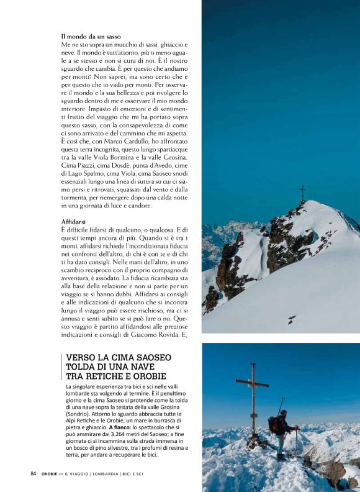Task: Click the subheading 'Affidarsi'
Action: pyautogui.click(x=74, y=221)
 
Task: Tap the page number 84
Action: pyautogui.click(x=33, y=473)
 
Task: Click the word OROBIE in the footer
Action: pyautogui.click(x=51, y=474)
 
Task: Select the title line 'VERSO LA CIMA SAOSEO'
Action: pyautogui.click(x=119, y=358)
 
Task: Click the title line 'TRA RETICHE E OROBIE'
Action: pyautogui.click(x=116, y=376)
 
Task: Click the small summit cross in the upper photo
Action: pyautogui.click(x=302, y=193)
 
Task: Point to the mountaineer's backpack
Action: pyautogui.click(x=273, y=424)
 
